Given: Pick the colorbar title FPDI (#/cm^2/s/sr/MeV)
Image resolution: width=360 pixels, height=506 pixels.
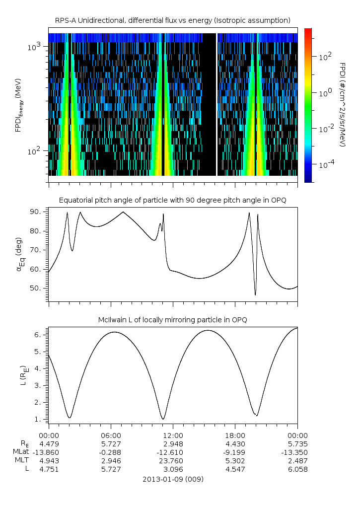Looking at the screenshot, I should (342, 105).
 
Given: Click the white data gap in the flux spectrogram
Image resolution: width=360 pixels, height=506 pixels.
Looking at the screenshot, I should (217, 104).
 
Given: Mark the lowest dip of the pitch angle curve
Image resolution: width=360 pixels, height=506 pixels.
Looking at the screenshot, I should (255, 295).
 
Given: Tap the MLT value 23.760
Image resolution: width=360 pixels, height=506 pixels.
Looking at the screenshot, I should (172, 461).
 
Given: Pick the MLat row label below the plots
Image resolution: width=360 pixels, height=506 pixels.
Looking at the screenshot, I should (22, 452).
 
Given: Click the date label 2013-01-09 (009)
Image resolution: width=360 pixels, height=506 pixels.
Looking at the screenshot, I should (172, 479).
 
